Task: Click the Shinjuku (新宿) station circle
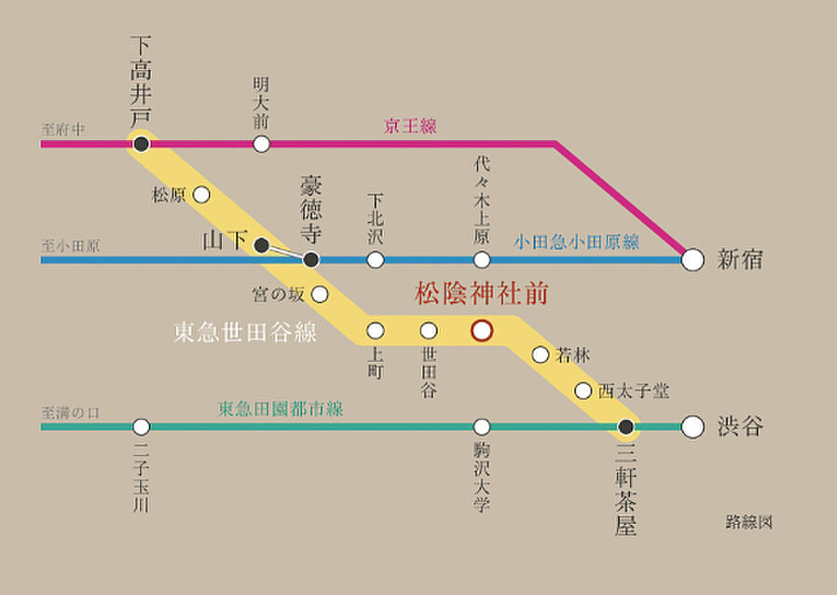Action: tap(692, 260)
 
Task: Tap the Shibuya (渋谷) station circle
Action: tap(692, 427)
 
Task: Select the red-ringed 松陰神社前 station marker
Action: tap(482, 330)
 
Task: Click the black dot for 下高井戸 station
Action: tap(141, 144)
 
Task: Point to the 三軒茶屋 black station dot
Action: tap(626, 427)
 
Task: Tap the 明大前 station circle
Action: tap(262, 144)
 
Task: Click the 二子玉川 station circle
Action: tap(141, 427)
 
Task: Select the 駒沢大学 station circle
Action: tap(482, 427)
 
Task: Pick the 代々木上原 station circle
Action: tap(482, 260)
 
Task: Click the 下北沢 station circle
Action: tap(375, 260)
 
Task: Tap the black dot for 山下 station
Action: tap(262, 244)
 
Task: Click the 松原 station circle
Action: tap(200, 195)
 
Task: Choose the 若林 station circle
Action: tap(541, 354)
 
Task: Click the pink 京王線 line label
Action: tap(410, 126)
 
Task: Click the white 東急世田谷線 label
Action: tap(245, 332)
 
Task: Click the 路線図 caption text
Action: tap(749, 522)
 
